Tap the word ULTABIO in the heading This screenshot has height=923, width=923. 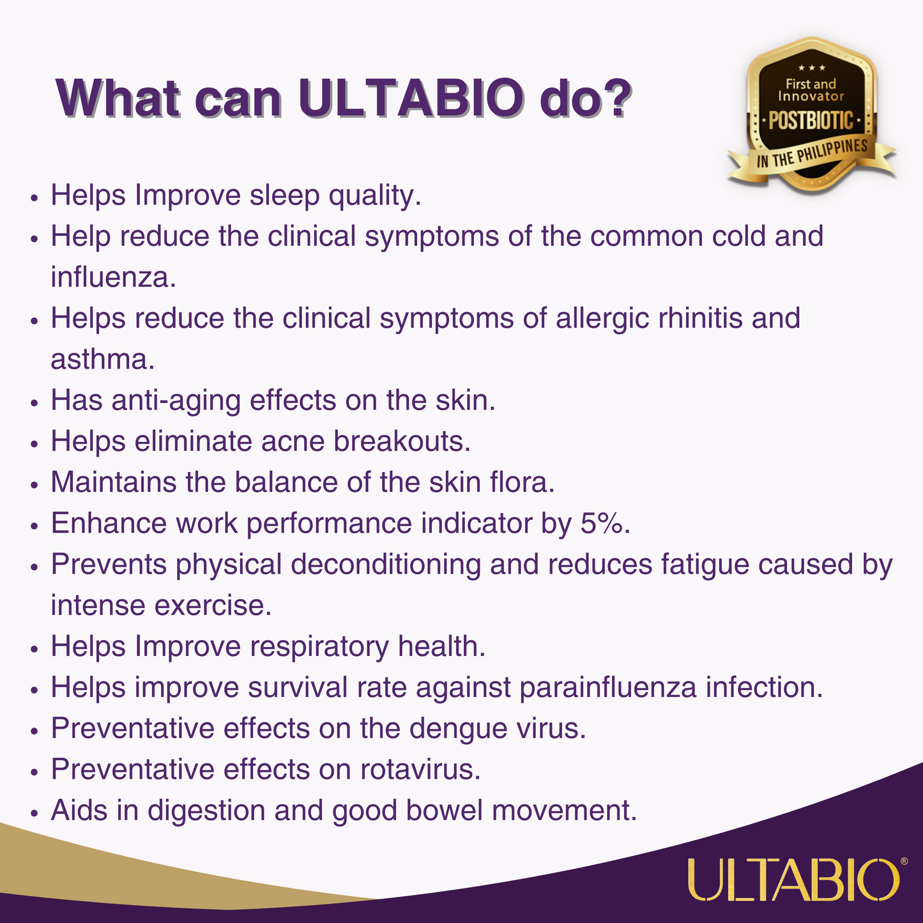(x=412, y=98)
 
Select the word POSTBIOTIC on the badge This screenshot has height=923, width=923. (x=811, y=120)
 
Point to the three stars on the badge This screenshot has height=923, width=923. (x=811, y=68)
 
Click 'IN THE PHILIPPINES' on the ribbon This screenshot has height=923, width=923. (x=812, y=153)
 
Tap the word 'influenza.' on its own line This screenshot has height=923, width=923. (x=114, y=277)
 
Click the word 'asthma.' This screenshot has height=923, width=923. (x=102, y=359)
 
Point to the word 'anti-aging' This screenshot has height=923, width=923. (x=176, y=401)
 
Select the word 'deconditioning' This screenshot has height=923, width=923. (x=386, y=565)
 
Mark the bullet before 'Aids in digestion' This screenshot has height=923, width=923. (x=33, y=813)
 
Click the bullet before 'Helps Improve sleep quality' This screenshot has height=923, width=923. (x=33, y=198)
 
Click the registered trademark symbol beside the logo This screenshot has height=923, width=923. (x=904, y=861)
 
